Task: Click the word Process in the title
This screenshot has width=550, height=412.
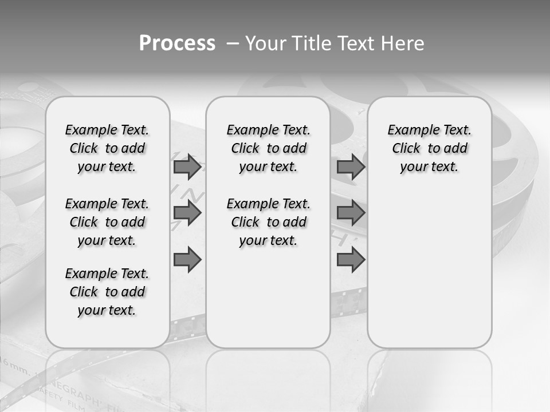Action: point(177,43)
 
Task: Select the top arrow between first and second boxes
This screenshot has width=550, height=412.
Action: point(187,167)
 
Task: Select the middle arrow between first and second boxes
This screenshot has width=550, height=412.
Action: point(187,213)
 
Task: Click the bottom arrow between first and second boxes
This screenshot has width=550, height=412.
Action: point(187,260)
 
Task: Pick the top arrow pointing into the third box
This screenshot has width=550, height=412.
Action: point(351,167)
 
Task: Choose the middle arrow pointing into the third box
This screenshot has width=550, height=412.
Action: point(351,213)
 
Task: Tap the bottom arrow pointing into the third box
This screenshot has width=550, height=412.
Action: point(351,260)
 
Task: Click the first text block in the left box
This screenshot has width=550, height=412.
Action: point(107,148)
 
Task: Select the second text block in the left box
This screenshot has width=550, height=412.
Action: point(107,222)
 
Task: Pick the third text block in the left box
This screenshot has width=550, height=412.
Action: point(107,292)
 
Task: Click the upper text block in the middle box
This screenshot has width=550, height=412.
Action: point(268,148)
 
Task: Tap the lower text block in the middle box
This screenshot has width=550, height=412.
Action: point(268,222)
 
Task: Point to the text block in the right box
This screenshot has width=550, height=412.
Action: point(430,148)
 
